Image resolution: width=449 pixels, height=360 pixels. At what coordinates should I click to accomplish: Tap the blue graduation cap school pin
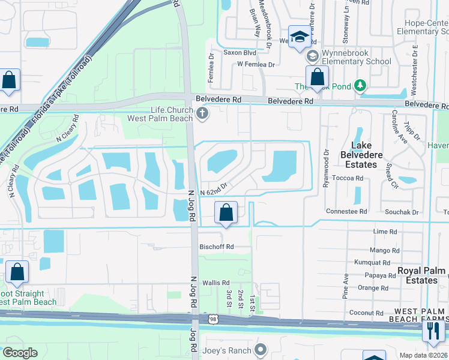[298, 37]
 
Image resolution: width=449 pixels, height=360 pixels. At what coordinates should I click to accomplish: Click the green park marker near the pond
[359, 86]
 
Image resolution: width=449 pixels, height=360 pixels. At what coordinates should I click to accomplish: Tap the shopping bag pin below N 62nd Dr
[226, 212]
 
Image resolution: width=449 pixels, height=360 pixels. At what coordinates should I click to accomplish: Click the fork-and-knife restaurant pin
[433, 331]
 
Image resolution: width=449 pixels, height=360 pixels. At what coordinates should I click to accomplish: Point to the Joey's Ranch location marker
[260, 349]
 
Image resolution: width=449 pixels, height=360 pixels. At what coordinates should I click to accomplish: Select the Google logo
[20, 353]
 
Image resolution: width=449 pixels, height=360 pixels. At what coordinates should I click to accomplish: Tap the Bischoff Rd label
[217, 247]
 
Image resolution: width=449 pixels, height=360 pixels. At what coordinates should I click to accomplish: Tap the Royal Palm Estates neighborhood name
[417, 275]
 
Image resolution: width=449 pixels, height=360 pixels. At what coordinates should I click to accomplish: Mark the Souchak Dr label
[402, 212]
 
